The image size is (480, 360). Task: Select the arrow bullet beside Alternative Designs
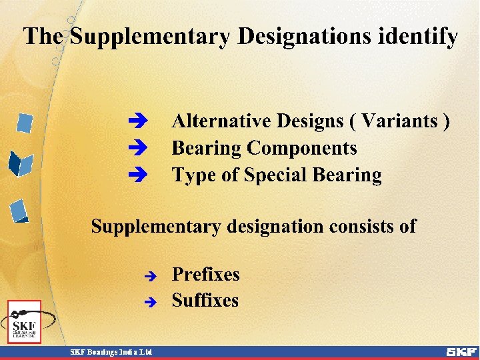point(138,122)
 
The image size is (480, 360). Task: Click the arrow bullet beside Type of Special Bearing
point(138,175)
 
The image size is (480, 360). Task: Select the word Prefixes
point(205,275)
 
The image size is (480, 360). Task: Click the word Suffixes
point(205,301)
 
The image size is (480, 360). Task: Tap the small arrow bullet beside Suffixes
point(151,302)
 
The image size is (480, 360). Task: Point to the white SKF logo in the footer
point(461,351)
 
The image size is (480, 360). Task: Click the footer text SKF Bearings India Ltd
point(111,352)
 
